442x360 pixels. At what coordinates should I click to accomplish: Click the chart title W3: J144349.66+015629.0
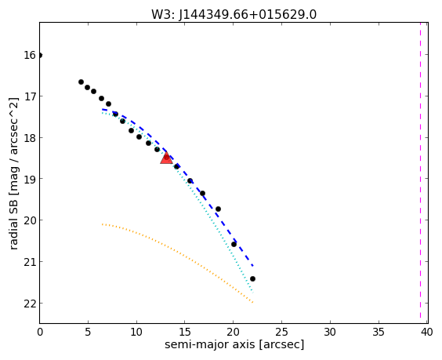pyautogui.click(x=234, y=14)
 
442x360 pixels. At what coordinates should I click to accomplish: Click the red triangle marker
pyautogui.click(x=166, y=158)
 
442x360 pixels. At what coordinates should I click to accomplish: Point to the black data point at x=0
pyautogui.click(x=40, y=55)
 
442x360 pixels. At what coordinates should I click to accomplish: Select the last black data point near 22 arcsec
pyautogui.click(x=252, y=278)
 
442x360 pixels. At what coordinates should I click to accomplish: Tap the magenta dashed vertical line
pyautogui.click(x=420, y=173)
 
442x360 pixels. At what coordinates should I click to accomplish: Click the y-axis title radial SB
pyautogui.click(x=14, y=173)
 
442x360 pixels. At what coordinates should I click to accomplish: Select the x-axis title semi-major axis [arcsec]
pyautogui.click(x=234, y=344)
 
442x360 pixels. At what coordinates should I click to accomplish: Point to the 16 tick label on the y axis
pyautogui.click(x=29, y=55)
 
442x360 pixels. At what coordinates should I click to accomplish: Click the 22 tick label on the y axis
pyautogui.click(x=29, y=304)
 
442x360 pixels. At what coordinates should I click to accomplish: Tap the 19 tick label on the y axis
pyautogui.click(x=29, y=179)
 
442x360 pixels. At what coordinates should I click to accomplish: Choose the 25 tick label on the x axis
pyautogui.click(x=281, y=332)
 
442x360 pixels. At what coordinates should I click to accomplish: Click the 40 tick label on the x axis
pyautogui.click(x=427, y=332)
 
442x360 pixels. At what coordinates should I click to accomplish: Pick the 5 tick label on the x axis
pyautogui.click(x=88, y=332)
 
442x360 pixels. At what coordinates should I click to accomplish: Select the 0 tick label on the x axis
pyautogui.click(x=40, y=332)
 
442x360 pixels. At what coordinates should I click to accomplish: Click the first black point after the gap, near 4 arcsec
pyautogui.click(x=81, y=82)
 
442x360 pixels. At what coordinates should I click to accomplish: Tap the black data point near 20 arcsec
pyautogui.click(x=234, y=244)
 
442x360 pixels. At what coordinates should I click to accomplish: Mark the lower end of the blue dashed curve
pyautogui.click(x=253, y=266)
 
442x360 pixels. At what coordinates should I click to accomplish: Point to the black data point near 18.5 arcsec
pyautogui.click(x=218, y=209)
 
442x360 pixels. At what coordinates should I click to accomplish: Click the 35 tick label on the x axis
pyautogui.click(x=379, y=332)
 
